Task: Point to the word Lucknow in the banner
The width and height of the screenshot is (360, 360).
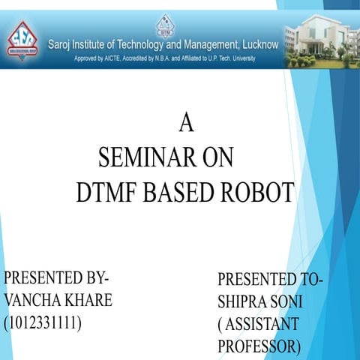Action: pyautogui.click(x=258, y=44)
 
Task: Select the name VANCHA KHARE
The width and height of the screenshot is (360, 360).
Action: pyautogui.click(x=58, y=301)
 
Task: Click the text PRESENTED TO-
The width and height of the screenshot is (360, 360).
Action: pyautogui.click(x=270, y=280)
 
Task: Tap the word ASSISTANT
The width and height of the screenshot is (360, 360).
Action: pyautogui.click(x=262, y=325)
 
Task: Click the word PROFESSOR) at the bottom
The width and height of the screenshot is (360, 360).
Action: pyautogui.click(x=259, y=347)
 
